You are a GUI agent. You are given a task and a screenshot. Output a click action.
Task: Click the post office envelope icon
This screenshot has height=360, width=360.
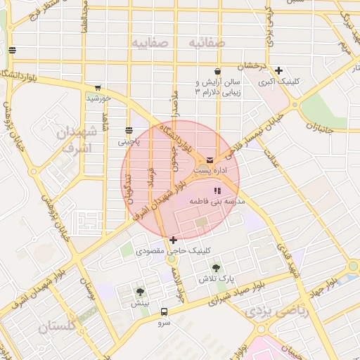point(211,160)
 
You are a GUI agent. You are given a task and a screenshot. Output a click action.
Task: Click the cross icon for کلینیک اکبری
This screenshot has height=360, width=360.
point(279,70)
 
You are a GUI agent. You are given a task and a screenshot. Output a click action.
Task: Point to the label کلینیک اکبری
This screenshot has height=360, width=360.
point(278,82)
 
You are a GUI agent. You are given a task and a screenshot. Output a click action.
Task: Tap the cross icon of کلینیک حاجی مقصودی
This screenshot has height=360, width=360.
point(173,240)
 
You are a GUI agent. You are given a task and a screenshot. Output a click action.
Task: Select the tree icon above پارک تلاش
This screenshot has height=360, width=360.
point(216,268)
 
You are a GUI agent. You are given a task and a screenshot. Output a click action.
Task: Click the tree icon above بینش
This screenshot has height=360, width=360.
point(141,292)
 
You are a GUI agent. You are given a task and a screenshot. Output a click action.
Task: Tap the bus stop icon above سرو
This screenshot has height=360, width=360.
point(164,311)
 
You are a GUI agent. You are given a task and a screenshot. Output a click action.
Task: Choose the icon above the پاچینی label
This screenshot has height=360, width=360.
point(129,131)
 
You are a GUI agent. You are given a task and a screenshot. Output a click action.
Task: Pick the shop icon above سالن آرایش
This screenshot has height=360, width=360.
point(218,72)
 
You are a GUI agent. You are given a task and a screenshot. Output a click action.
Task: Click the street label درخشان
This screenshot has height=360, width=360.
point(253,65)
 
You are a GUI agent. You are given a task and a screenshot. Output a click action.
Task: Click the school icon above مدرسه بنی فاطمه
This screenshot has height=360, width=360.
point(217,191)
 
